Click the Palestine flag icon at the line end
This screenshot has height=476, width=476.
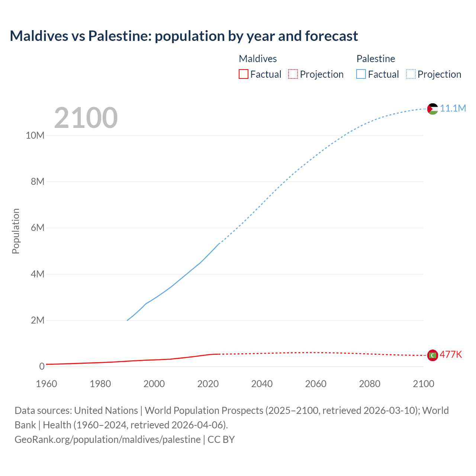pos(432,109)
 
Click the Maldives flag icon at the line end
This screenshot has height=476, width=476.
pos(432,356)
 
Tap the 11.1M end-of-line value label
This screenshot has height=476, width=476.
pos(453,108)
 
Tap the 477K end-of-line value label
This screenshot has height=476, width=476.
pos(451,354)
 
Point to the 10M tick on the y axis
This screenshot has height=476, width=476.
pos(35,135)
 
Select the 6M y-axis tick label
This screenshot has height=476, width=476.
pos(37,228)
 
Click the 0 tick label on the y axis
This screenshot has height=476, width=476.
pos(42,366)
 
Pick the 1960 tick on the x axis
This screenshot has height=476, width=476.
pos(46,384)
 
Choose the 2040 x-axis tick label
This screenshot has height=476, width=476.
pos(262,384)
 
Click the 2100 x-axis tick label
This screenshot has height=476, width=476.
pos(423,384)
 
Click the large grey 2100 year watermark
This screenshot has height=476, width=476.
pos(86,118)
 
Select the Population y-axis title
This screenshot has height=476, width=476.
pos(16,231)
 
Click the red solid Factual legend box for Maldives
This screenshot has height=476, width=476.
pos(244,74)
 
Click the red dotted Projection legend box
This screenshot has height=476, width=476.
pos(293,74)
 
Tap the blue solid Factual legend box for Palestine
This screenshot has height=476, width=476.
pos(361,74)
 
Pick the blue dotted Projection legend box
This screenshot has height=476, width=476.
pos(411,74)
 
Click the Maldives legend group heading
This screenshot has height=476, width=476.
pos(258,59)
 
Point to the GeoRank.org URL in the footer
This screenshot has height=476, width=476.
pos(107,440)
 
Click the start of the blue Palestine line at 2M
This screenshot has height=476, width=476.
pos(128,320)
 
